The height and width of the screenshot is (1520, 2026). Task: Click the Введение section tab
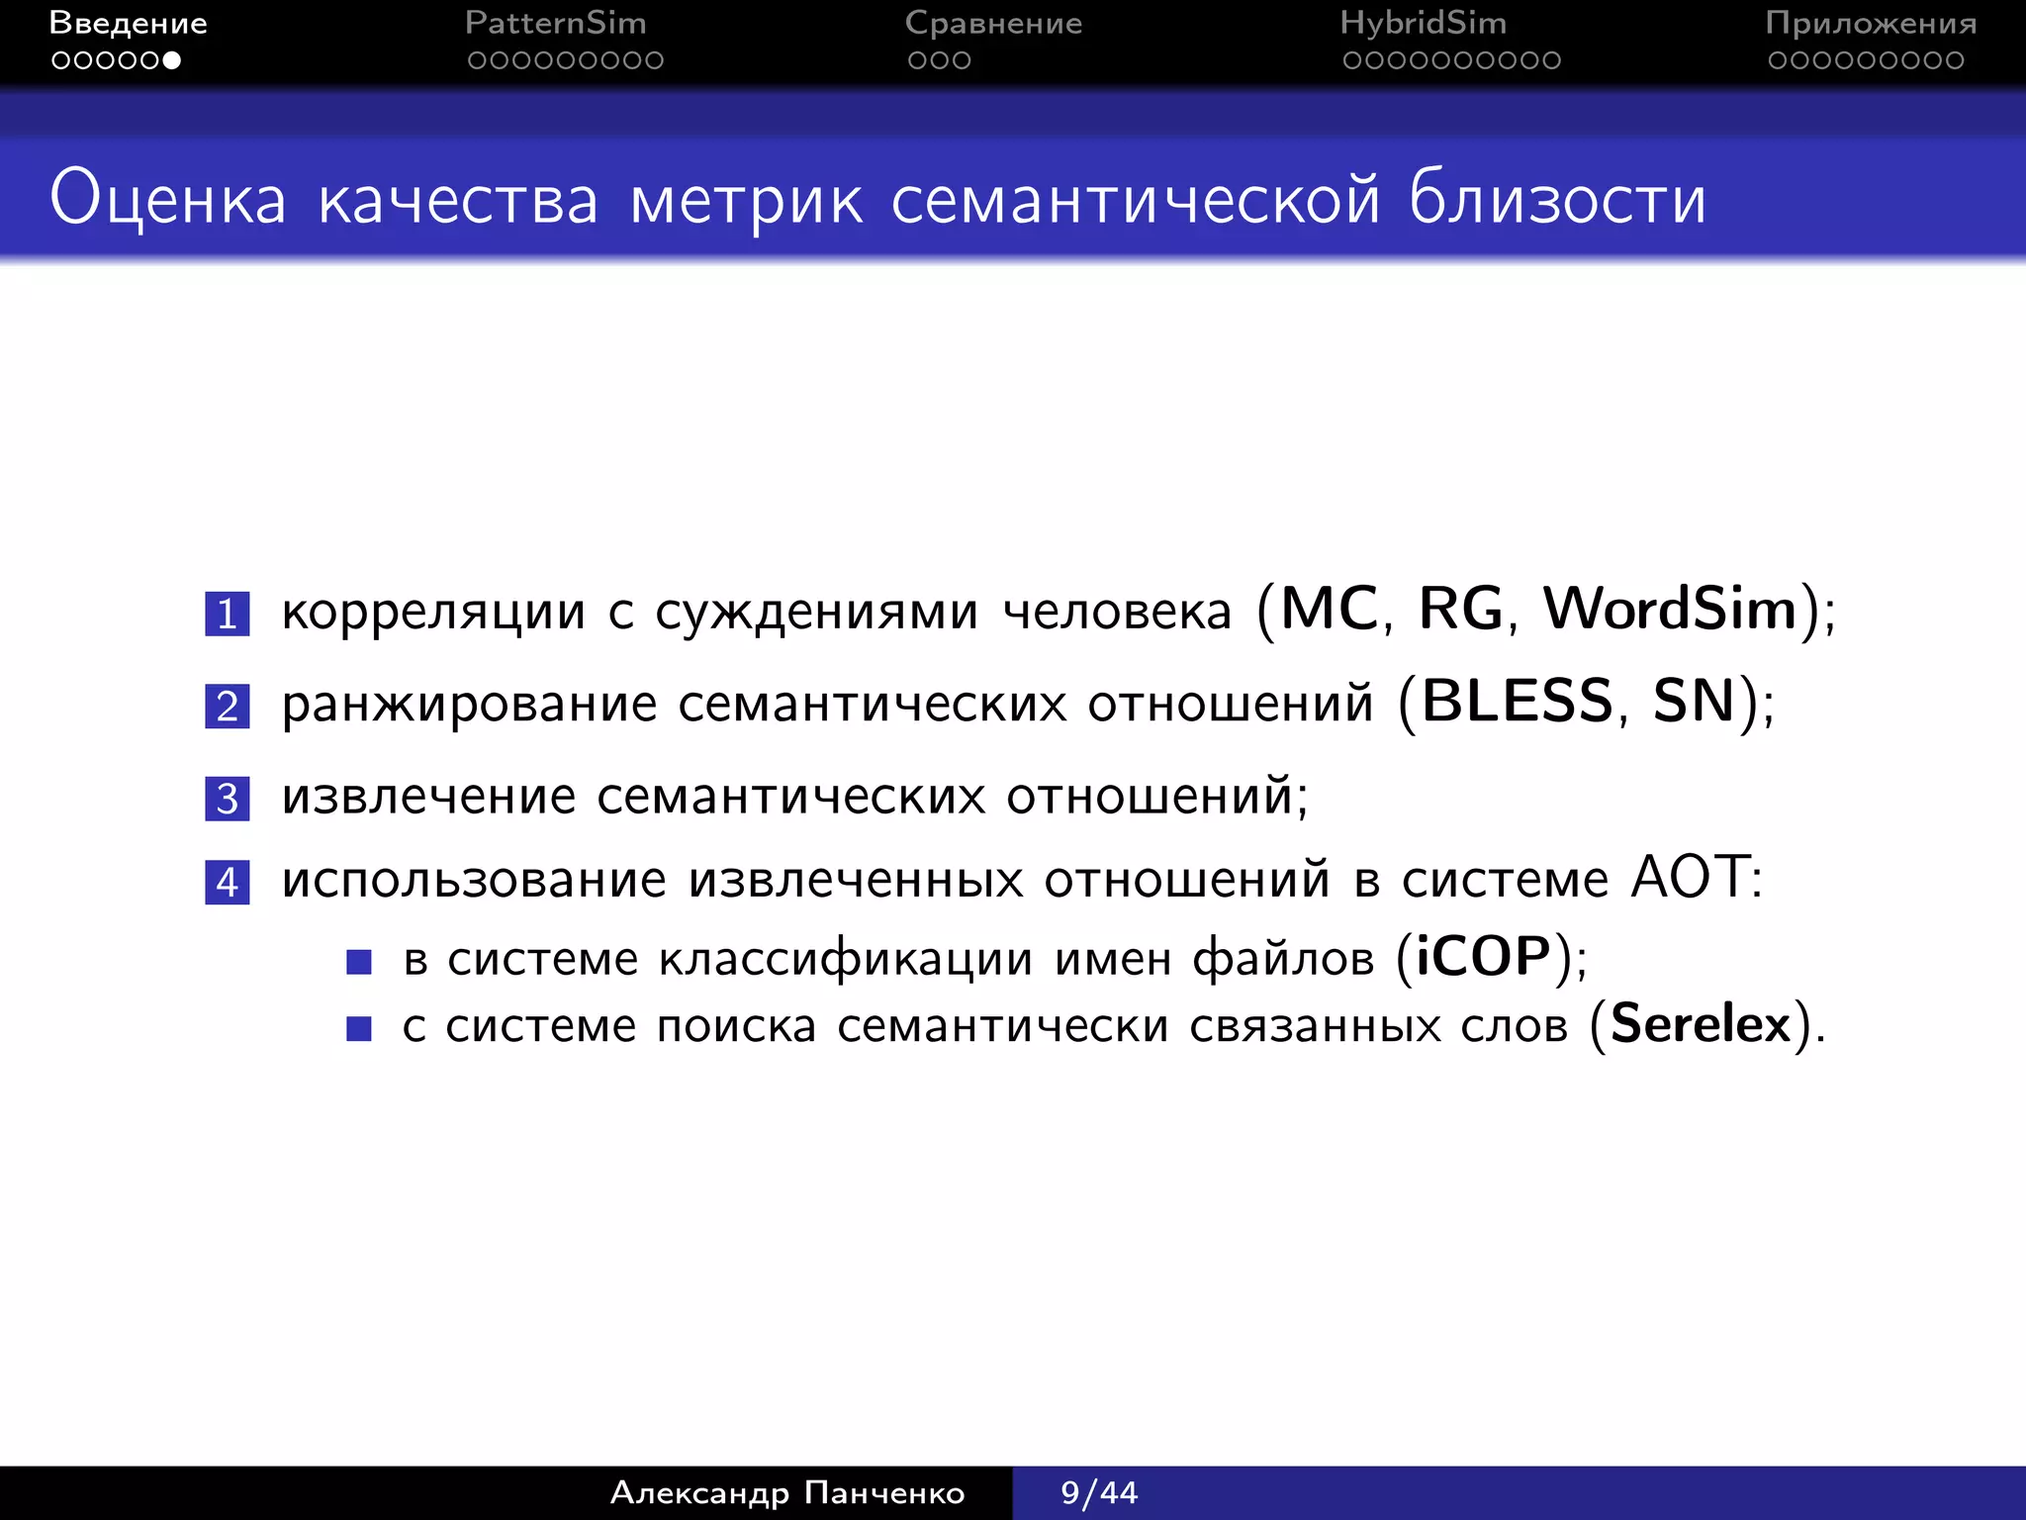(128, 23)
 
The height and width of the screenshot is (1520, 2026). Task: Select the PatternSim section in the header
(555, 23)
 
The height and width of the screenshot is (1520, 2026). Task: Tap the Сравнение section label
(993, 23)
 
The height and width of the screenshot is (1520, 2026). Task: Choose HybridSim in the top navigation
(1423, 23)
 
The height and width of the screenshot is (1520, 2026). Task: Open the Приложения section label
(1871, 23)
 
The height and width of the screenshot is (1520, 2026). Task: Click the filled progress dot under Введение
(172, 60)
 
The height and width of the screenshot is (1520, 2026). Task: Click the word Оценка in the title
(168, 199)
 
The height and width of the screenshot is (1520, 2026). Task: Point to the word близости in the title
(1557, 199)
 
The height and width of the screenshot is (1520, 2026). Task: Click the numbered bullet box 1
(227, 614)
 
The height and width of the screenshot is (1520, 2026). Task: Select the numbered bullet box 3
(227, 799)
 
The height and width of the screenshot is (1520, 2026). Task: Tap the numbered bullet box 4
(227, 882)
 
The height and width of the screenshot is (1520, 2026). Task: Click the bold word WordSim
(1670, 608)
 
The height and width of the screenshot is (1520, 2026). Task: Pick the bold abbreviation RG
(1460, 608)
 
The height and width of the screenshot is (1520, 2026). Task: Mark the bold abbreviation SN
(1695, 701)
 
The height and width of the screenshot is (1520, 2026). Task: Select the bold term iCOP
(1483, 956)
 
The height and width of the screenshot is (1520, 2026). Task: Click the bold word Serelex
(1701, 1023)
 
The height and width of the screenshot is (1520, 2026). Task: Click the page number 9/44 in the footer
(1099, 1492)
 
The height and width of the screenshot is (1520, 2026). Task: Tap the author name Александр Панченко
(787, 1492)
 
